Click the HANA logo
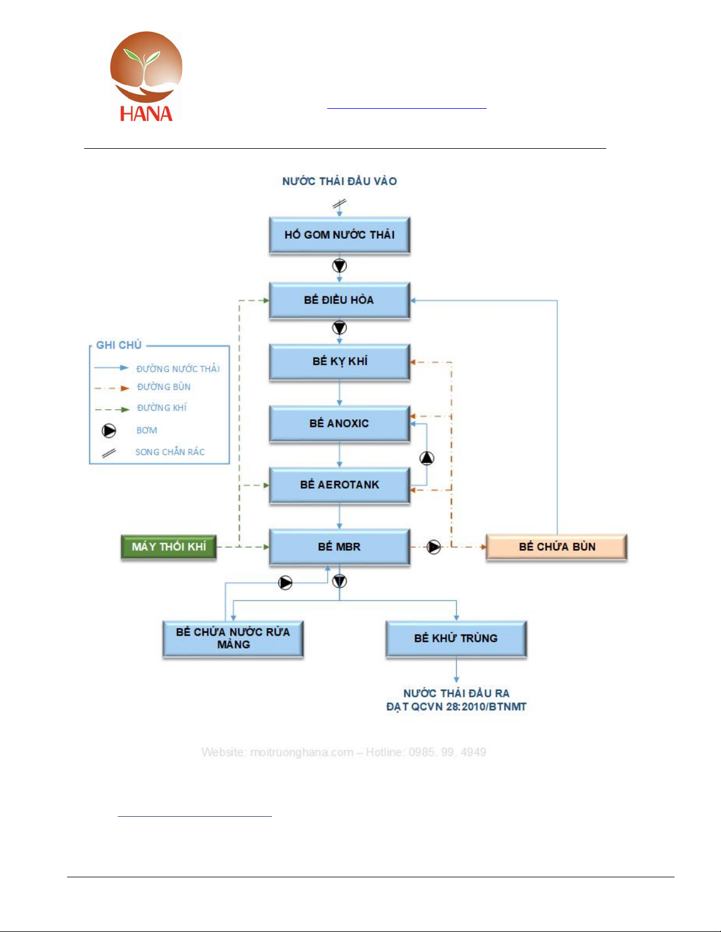point(146,76)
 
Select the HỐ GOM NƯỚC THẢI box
point(340,235)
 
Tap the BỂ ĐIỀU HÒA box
point(340,300)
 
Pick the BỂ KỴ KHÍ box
point(340,362)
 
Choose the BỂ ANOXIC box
point(340,423)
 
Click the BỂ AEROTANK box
point(340,485)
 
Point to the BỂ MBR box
point(340,547)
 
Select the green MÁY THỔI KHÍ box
point(169,547)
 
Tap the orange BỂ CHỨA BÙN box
point(557,547)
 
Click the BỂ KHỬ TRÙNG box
point(456,639)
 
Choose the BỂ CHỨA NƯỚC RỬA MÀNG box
point(233,639)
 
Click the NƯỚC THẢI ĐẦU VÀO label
point(340,182)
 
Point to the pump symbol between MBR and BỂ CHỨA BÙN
point(434,547)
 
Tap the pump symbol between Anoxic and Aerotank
point(427,458)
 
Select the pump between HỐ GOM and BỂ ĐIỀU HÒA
point(340,266)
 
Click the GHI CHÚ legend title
point(119,345)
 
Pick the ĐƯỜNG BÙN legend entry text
point(164,387)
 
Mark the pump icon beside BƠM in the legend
point(109,430)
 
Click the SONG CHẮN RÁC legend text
point(170,452)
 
